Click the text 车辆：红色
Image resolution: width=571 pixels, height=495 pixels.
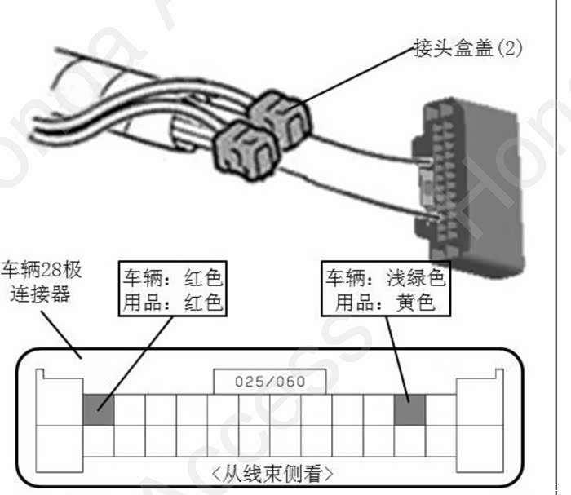click(x=172, y=277)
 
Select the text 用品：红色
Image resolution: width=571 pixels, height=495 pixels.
click(x=172, y=303)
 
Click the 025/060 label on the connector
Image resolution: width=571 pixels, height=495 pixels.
click(x=269, y=381)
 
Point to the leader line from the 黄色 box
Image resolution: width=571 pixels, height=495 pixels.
click(x=397, y=355)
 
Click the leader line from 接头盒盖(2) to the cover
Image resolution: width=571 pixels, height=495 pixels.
click(x=359, y=77)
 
